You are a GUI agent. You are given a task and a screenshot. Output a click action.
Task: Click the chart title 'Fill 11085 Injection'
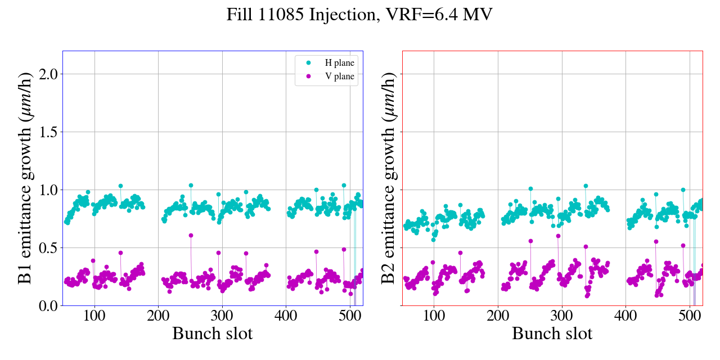(x=359, y=15)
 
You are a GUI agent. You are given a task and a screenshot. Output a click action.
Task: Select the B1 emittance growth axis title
(x=24, y=178)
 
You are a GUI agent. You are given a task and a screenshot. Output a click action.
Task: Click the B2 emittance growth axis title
(x=388, y=178)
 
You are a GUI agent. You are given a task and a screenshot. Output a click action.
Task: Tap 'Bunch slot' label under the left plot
(x=213, y=334)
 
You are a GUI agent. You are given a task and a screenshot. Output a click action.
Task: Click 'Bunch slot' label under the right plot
(x=552, y=334)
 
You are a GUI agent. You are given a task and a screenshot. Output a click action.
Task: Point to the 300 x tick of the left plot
(x=222, y=316)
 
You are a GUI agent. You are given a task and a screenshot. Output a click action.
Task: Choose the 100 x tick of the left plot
(x=94, y=316)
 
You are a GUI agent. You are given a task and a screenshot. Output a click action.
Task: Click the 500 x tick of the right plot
(x=690, y=316)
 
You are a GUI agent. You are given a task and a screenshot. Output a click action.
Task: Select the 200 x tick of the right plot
(x=498, y=316)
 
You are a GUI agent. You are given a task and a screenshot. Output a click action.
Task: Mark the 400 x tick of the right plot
(x=625, y=316)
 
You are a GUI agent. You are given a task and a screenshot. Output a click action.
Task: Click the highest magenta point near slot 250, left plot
(x=191, y=235)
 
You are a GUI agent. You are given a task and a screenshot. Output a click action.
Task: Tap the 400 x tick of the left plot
(x=286, y=316)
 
